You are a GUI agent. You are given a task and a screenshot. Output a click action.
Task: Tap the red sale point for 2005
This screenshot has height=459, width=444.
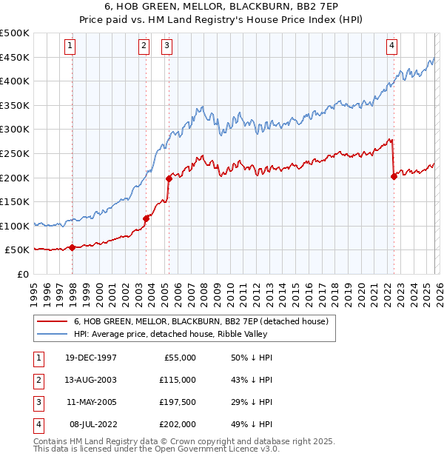169,178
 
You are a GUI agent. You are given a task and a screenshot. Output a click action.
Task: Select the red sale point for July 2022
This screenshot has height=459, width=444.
394,176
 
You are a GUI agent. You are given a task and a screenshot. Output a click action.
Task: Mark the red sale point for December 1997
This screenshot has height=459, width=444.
72,247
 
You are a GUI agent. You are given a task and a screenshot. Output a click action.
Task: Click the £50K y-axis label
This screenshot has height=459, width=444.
18,250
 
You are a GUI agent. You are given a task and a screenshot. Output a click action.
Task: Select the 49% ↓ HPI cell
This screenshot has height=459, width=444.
252,424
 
